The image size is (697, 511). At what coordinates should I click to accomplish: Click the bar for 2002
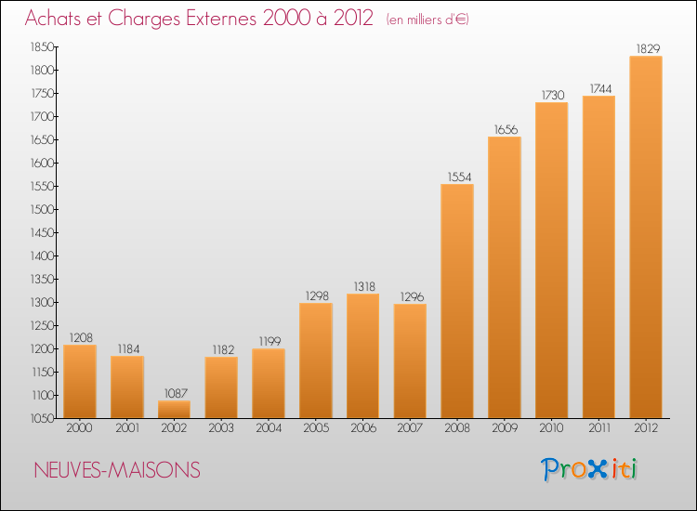point(174,409)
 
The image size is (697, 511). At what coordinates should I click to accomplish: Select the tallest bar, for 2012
point(646,237)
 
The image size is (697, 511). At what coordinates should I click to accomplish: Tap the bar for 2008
point(457,301)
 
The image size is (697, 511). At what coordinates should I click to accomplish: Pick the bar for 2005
point(316,360)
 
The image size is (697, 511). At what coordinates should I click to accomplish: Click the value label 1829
point(648,48)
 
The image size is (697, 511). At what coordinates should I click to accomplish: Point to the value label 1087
point(176,393)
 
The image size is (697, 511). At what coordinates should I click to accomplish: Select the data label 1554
point(459,177)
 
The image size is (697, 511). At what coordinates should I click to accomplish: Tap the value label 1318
point(364,286)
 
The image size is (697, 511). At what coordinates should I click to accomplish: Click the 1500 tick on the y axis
point(42,209)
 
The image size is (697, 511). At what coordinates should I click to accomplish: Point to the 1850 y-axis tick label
point(42,46)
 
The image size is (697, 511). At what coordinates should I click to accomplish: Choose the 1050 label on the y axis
point(42,418)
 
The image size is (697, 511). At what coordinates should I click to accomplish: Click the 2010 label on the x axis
point(552,427)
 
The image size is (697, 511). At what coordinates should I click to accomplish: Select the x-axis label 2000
point(80,427)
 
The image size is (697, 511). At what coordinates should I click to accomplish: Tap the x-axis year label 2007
point(410,427)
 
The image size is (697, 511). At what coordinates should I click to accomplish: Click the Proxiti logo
point(589,469)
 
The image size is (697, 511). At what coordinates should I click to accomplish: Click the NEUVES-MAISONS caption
point(117,470)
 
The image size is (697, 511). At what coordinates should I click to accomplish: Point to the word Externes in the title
point(221,18)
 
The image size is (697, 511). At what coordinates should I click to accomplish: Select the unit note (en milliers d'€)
point(427,20)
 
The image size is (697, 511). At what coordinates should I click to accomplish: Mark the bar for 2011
point(598,256)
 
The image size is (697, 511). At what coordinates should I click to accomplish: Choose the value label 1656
point(506,129)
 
